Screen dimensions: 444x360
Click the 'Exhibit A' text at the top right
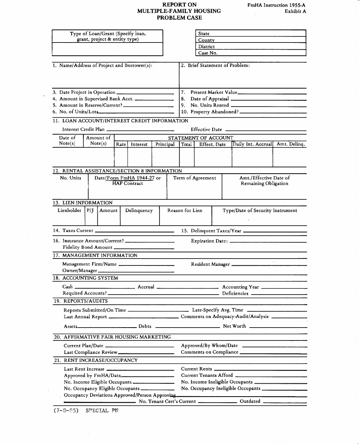click(295, 11)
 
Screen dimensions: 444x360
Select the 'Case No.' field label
click(208, 53)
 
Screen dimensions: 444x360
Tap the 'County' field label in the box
click(207, 40)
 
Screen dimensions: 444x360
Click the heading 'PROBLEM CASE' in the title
click(179, 17)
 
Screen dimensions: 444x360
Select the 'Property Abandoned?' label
click(214, 112)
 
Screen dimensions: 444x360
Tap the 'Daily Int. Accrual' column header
click(252, 144)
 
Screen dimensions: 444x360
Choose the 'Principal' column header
click(165, 144)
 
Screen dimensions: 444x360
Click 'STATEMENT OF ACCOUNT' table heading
click(200, 138)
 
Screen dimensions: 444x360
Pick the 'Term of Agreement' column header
click(194, 178)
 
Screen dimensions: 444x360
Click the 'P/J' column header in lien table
click(90, 210)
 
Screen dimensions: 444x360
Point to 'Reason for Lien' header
click(185, 210)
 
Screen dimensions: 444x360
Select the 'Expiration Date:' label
click(209, 241)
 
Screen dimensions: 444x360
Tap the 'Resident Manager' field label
click(210, 264)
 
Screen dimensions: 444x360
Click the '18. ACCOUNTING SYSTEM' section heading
click(86, 278)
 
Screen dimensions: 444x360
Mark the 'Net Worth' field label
click(234, 326)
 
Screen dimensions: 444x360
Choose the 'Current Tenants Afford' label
click(207, 375)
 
